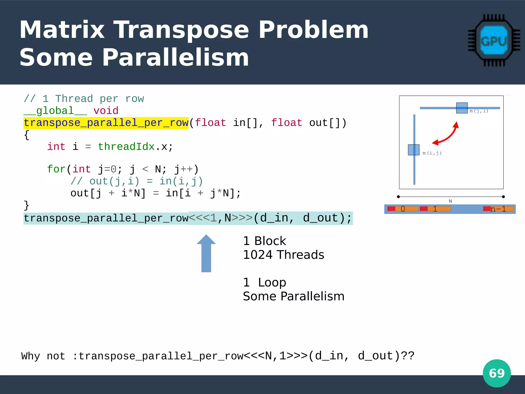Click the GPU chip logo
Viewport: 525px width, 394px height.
click(494, 41)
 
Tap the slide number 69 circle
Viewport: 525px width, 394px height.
click(497, 373)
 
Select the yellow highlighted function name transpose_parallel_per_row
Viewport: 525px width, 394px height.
click(106, 123)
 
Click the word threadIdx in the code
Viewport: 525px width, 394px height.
click(126, 147)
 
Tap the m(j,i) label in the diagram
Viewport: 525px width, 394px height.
click(479, 111)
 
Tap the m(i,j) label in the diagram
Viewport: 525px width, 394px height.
click(432, 153)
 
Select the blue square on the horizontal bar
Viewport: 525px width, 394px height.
click(462, 108)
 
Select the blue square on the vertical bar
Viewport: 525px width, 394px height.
click(413, 150)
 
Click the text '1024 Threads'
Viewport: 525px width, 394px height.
click(283, 255)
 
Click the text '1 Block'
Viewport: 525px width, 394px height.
click(264, 241)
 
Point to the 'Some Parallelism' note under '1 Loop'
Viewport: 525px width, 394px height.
click(294, 296)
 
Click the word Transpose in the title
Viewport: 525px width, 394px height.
click(181, 30)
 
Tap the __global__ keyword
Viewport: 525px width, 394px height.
click(55, 111)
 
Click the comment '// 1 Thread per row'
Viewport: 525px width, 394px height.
click(84, 99)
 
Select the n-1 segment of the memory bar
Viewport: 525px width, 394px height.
click(498, 209)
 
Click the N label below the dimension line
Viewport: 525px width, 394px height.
click(450, 201)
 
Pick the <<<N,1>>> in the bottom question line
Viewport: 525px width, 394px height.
click(276, 356)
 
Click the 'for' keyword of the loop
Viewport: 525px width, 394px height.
click(56, 169)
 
